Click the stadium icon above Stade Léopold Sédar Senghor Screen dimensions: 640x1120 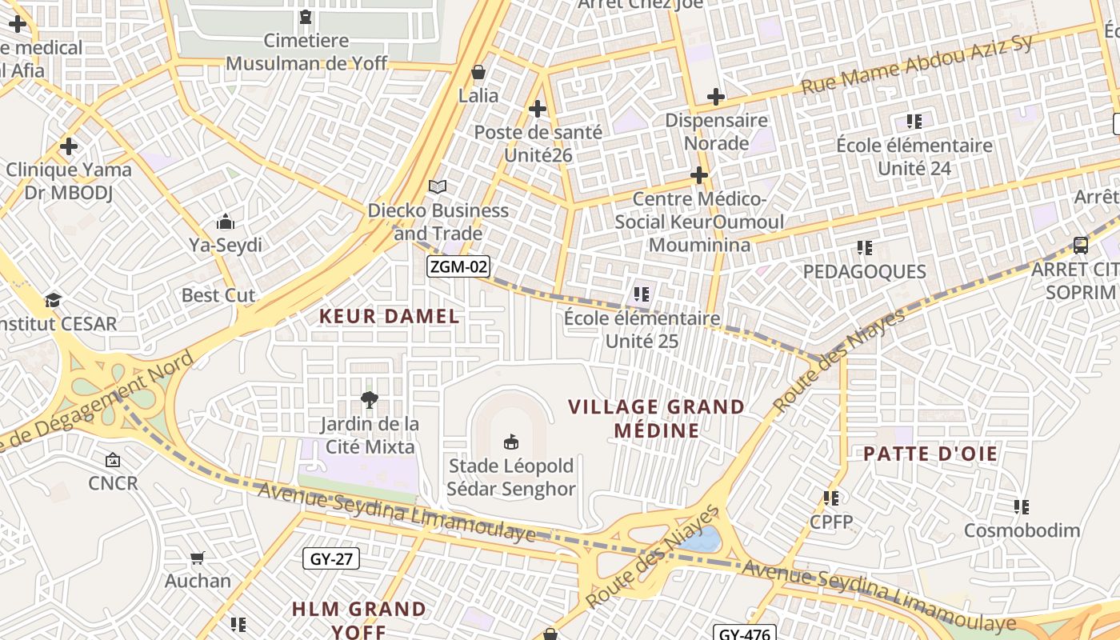pos(510,442)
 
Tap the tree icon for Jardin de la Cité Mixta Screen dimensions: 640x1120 pos(369,399)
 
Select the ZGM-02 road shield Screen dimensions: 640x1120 pos(458,267)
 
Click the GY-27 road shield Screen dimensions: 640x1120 pos(331,558)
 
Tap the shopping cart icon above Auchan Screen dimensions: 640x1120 pos(198,558)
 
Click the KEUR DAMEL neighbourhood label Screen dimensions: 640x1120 pos(390,316)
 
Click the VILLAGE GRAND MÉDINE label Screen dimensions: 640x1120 pos(656,418)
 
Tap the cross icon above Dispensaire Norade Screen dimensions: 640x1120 pos(716,98)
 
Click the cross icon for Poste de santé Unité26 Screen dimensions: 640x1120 pos(538,109)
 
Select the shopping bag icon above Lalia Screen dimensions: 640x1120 pos(478,73)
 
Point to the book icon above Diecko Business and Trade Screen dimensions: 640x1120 pos(437,187)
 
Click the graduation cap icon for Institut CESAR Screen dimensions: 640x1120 pos(53,300)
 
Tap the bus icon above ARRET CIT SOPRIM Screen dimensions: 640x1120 pos(1080,246)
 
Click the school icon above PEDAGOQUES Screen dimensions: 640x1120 pos(864,248)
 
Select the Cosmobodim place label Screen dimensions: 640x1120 pos(1022,530)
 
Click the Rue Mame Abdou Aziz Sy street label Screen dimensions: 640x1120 pos(917,64)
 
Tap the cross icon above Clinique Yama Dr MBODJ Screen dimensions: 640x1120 pos(69,146)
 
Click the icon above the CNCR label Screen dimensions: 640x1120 pos(113,460)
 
